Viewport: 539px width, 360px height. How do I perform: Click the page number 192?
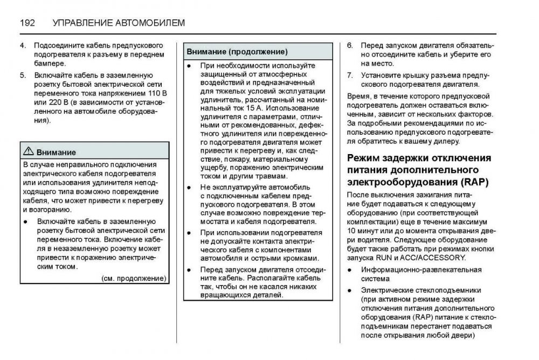27,23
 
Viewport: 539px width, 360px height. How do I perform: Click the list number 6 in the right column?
349,45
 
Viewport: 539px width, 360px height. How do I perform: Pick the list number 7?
349,75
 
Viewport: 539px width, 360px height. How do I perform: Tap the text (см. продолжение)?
134,278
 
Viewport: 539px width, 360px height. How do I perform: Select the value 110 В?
156,93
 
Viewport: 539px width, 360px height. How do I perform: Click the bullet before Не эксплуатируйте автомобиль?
189,187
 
